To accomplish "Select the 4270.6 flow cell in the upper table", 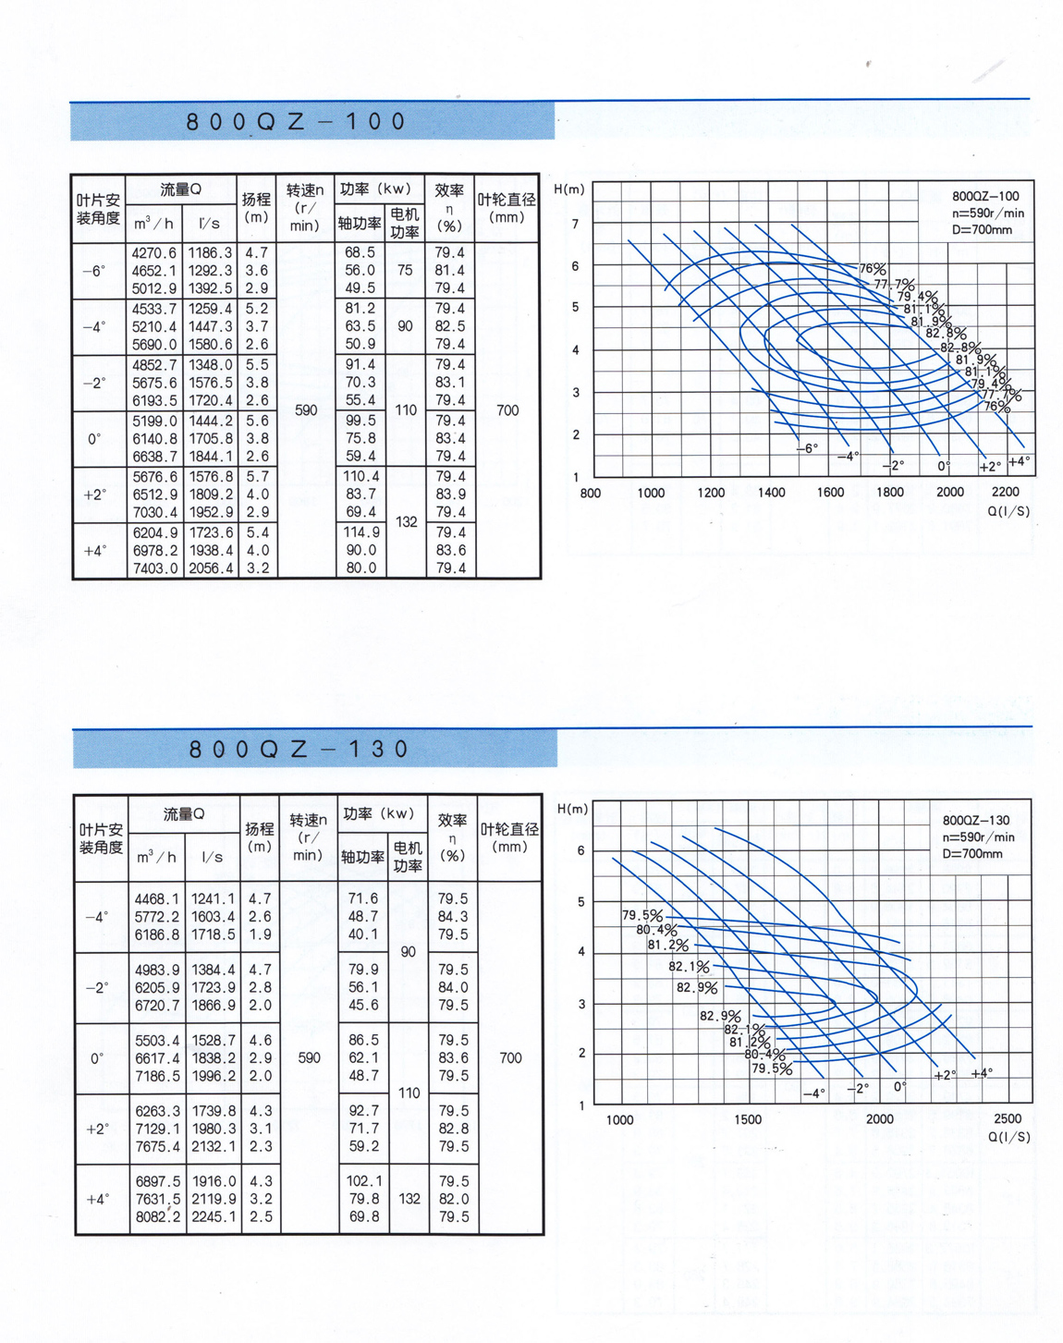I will pos(153,252).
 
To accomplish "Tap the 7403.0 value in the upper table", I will pos(153,568).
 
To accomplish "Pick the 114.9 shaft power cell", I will pos(360,532).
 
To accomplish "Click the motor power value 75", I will pos(405,271).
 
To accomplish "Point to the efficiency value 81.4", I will pos(450,271).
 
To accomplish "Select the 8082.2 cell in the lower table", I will pos(157,1217).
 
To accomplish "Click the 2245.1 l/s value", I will pos(214,1217).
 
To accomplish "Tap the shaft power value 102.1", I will pos(363,1181).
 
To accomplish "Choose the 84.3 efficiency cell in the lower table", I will pos(453,917).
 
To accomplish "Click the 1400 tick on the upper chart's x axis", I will pos(771,493).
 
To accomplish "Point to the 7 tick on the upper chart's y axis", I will pos(576,225).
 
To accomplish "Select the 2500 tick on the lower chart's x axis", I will pos(1008,1119).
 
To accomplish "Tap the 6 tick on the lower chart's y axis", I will pos(580,851).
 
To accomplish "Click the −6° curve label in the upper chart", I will pos(807,448).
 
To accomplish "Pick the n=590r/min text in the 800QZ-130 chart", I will pos(978,837).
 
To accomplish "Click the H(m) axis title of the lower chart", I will pos(572,809).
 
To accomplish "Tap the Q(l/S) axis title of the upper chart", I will pos(1008,511).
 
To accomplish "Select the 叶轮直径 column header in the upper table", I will pos(507,208).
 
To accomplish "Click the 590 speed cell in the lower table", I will pos(309,1058).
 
